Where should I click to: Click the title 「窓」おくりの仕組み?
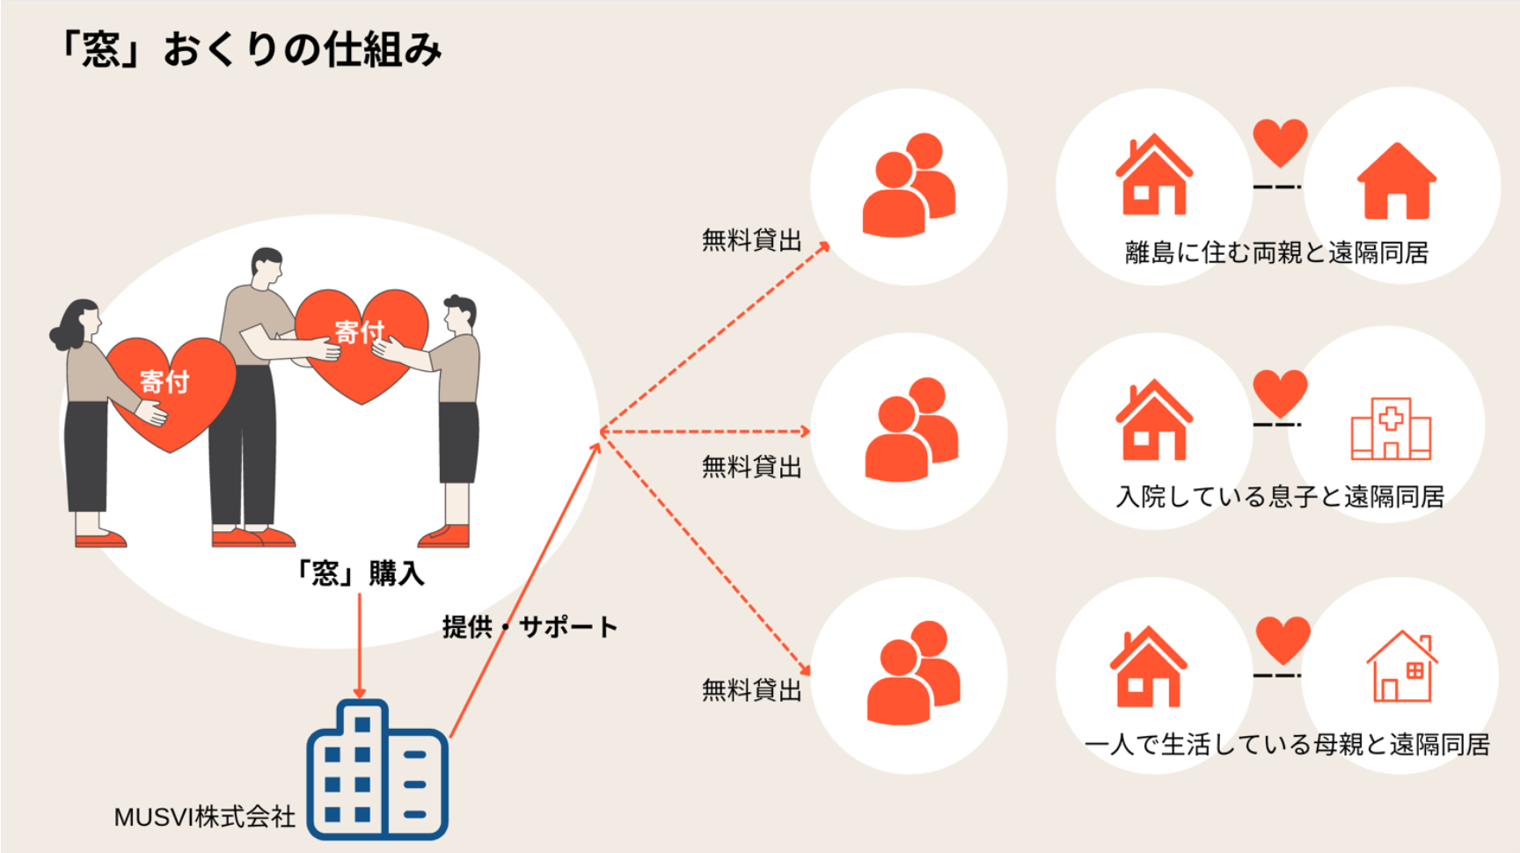[250, 49]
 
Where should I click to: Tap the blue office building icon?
[376, 770]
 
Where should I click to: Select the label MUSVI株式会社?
[204, 817]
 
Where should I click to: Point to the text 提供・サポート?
[530, 627]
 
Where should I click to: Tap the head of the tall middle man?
[266, 266]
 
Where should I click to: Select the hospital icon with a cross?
[1391, 429]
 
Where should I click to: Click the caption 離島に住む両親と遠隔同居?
[1276, 253]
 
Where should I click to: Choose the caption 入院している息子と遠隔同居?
[1280, 497]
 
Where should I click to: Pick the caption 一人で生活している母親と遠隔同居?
[1287, 745]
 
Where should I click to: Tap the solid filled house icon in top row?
[1396, 181]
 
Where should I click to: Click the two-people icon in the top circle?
[909, 186]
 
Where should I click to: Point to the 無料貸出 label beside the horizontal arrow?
[751, 466]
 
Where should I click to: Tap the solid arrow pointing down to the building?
[359, 646]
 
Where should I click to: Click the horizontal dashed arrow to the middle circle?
[704, 432]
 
